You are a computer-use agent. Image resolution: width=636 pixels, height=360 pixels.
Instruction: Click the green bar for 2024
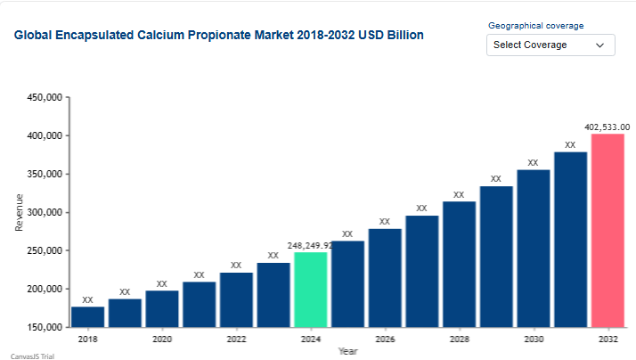(x=311, y=290)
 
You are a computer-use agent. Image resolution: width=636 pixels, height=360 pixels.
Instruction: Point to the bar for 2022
(x=236, y=299)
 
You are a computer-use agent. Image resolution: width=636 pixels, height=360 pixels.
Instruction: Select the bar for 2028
(x=459, y=264)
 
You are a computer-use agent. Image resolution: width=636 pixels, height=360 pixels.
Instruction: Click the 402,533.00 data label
(x=607, y=127)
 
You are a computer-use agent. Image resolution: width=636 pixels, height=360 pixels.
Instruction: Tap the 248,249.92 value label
(x=310, y=245)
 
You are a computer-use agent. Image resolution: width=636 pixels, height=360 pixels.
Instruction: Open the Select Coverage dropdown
(x=550, y=45)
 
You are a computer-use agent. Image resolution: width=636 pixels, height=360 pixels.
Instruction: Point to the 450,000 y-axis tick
(x=42, y=98)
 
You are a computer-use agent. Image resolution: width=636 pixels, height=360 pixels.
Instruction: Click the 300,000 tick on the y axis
(x=42, y=213)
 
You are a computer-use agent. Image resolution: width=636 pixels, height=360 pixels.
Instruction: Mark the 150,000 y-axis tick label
(x=42, y=327)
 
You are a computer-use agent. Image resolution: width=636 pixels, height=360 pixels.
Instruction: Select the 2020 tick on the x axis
(x=162, y=340)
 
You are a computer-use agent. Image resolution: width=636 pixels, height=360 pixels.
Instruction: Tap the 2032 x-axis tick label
(x=607, y=340)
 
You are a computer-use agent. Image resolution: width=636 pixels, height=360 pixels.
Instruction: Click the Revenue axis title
(x=20, y=212)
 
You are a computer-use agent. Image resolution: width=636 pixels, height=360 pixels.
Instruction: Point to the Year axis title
(x=347, y=351)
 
